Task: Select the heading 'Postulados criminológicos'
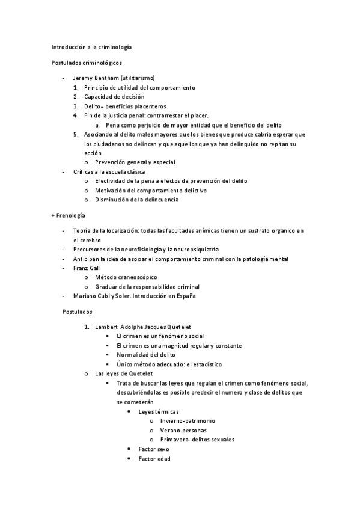click(x=87, y=62)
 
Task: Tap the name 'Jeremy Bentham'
click(x=95, y=78)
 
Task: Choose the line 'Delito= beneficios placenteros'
click(x=124, y=106)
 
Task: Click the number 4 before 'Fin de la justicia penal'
click(x=76, y=115)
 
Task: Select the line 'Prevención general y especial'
click(x=135, y=162)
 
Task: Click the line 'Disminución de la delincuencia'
click(x=136, y=200)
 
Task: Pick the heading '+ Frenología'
click(x=69, y=215)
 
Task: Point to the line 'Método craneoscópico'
click(x=126, y=277)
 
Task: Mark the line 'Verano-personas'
click(x=182, y=431)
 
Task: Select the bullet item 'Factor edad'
click(x=154, y=459)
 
